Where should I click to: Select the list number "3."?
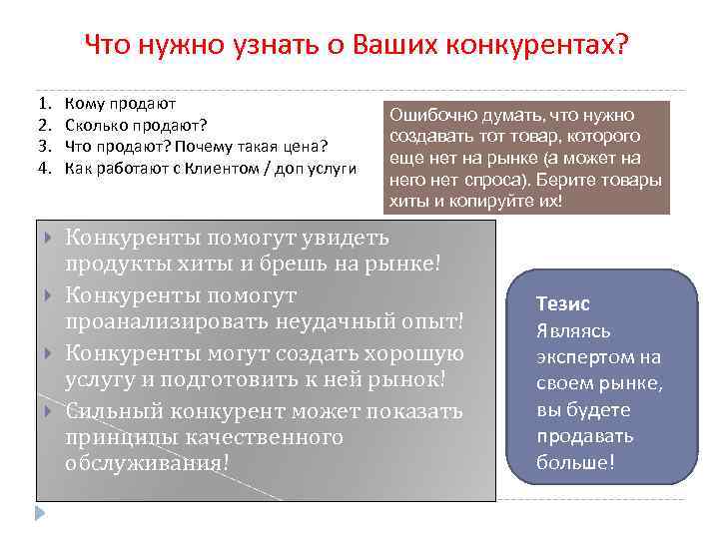[x=44, y=146]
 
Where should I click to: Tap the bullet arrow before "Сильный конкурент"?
[x=50, y=409]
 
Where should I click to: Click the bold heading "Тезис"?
[x=562, y=303]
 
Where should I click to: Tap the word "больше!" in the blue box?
[x=576, y=462]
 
